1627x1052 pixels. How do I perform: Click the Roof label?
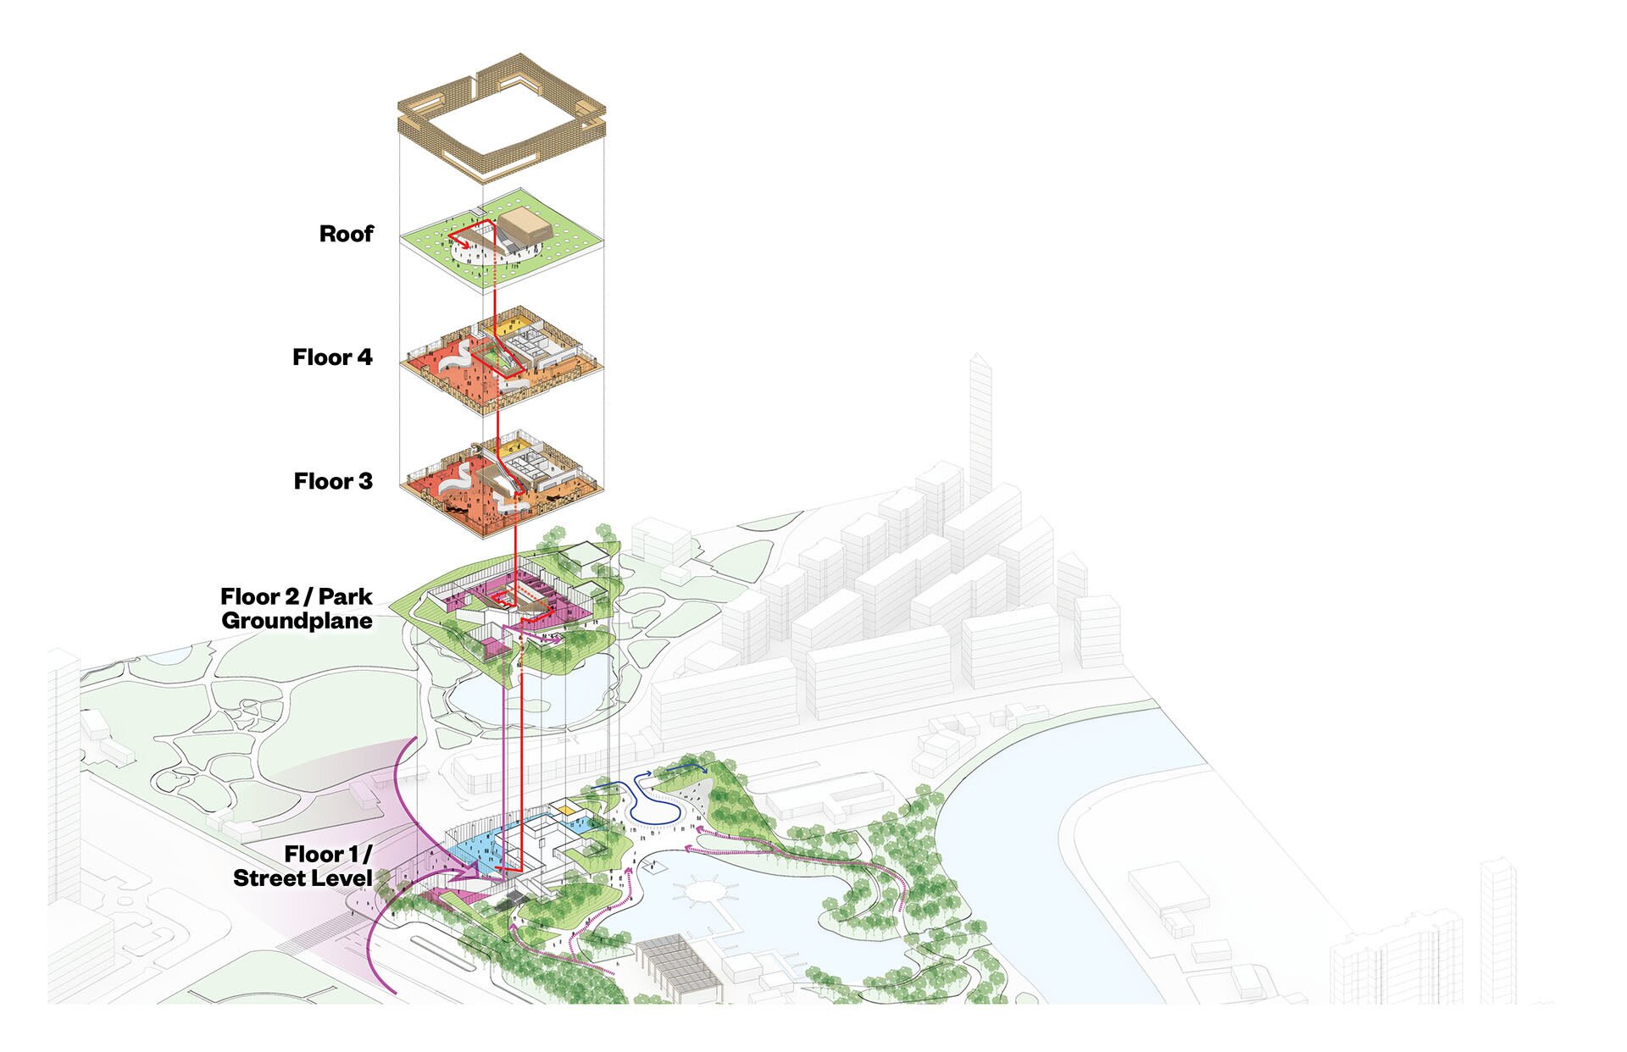(346, 234)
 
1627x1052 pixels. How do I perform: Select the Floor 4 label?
(332, 357)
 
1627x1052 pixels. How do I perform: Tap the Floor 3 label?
(333, 481)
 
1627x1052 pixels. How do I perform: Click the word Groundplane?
(297, 621)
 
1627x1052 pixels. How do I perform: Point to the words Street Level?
(303, 878)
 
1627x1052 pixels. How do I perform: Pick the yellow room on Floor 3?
(511, 446)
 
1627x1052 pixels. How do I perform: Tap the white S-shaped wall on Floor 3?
(458, 479)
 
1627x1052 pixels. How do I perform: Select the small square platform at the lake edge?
(652, 867)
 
